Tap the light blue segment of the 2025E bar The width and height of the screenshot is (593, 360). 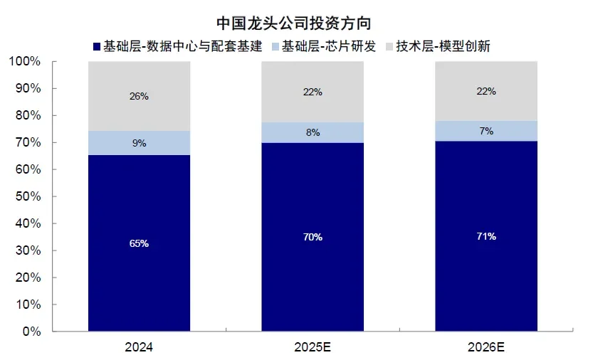[312, 132]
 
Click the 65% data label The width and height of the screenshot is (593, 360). [139, 243]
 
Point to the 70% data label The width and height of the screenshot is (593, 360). [313, 237]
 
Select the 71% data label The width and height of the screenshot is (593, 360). [486, 235]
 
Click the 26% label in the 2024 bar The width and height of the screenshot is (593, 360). [139, 96]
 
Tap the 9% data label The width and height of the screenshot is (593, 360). [139, 143]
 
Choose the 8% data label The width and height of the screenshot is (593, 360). [313, 132]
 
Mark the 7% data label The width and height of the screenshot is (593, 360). [486, 131]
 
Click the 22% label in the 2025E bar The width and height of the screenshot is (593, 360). [313, 92]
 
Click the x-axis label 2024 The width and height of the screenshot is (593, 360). [139, 349]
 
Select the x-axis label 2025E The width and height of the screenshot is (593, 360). [313, 349]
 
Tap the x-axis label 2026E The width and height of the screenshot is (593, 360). [486, 349]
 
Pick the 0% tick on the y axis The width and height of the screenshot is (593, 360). [32, 332]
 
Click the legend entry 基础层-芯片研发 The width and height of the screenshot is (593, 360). [326, 46]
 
